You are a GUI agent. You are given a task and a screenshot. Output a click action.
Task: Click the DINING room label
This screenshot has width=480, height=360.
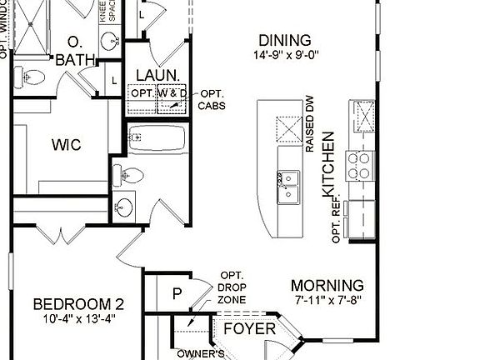(x=284, y=40)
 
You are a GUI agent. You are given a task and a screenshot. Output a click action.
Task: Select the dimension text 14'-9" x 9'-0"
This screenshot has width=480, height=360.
(x=289, y=56)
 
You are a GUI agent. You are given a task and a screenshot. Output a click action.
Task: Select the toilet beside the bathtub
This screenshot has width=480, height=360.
(x=134, y=175)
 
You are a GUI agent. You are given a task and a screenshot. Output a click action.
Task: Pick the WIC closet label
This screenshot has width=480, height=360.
(x=65, y=145)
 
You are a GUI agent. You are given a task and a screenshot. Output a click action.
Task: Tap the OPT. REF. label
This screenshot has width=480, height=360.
(x=337, y=222)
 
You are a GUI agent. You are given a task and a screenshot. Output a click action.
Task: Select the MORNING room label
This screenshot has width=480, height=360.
(x=327, y=284)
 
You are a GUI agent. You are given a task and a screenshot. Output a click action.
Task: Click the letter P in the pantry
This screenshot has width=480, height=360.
(x=177, y=293)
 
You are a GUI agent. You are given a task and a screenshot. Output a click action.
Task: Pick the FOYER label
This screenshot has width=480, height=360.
(x=250, y=329)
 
